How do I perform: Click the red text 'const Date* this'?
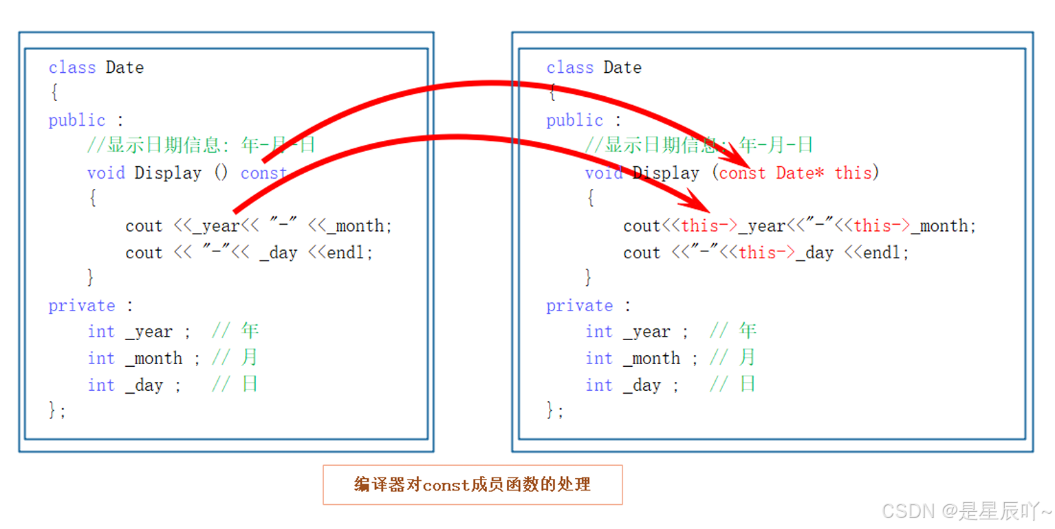click(x=795, y=173)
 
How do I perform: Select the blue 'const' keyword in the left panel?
click(x=263, y=173)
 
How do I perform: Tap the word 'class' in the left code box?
click(x=72, y=67)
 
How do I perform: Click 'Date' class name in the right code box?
click(x=622, y=67)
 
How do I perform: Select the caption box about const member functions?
click(x=472, y=484)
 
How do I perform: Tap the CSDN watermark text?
click(x=966, y=511)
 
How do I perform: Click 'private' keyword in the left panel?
click(x=81, y=306)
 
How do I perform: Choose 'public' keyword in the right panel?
click(x=574, y=120)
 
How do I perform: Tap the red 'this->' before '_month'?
click(x=882, y=226)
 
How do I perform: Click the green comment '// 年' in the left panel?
click(x=235, y=332)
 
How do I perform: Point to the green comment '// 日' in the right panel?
click(x=733, y=385)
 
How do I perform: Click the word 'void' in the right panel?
click(x=604, y=173)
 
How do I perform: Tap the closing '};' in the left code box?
click(x=57, y=411)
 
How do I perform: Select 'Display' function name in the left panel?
click(x=168, y=173)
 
